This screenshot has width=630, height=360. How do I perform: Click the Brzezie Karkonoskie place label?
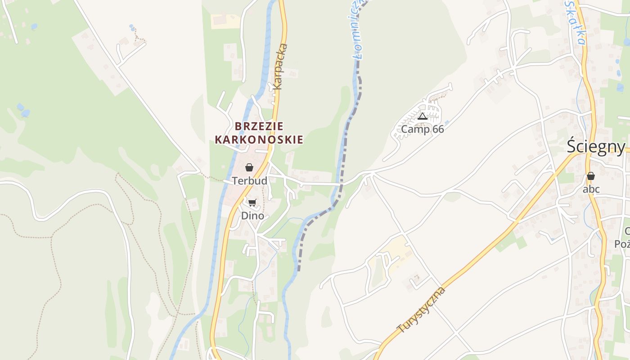point(259,133)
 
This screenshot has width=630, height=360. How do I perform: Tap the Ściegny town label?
point(596,147)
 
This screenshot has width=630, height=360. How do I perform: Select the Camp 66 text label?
point(422,130)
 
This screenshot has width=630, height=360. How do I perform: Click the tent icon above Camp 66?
point(422,117)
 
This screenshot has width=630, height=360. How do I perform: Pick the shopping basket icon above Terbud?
point(249,167)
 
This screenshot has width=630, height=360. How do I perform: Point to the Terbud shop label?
point(249,181)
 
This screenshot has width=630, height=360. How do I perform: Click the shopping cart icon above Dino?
point(252,203)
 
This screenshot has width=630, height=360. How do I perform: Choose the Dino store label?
point(252,216)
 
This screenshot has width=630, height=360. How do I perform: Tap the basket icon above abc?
point(590,176)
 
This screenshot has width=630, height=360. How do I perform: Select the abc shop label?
point(591,189)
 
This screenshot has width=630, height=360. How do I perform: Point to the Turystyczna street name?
point(422,310)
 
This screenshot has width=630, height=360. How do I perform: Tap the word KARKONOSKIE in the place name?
point(259,140)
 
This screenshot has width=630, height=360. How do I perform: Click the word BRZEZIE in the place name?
point(259,126)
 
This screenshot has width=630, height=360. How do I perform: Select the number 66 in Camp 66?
point(437,130)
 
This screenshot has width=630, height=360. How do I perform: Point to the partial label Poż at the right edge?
point(623,244)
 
